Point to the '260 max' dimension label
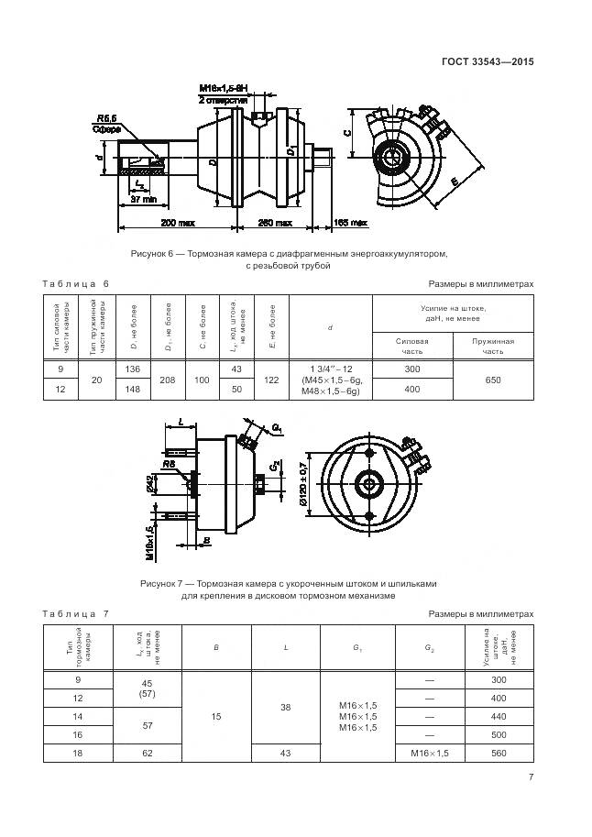(276, 223)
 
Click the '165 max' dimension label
(350, 223)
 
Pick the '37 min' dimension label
(145, 199)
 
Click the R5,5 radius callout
(105, 118)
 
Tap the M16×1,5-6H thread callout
(224, 88)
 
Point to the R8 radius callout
(170, 465)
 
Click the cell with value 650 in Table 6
(492, 379)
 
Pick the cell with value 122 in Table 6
(271, 379)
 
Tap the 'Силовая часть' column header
(411, 346)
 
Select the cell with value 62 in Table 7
(145, 753)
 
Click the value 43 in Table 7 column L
(286, 753)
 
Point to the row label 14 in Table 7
(77, 716)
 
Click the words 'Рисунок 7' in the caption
(162, 583)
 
